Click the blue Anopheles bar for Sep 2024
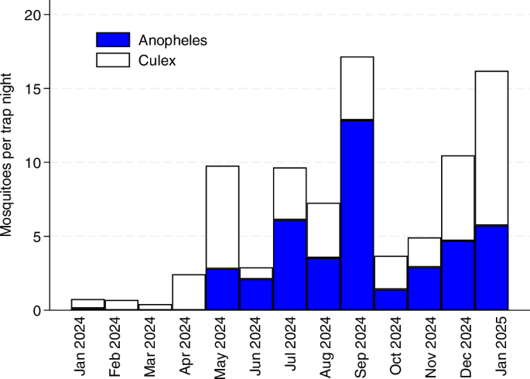tap(357, 215)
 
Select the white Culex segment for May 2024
tap(222, 217)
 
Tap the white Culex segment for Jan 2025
tap(491, 148)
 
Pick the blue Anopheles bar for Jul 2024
tap(289, 265)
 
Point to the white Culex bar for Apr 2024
tap(189, 292)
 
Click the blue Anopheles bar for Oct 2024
tap(391, 299)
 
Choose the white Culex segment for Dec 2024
tap(458, 198)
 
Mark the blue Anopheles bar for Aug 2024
tap(323, 284)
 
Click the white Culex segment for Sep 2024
tap(357, 88)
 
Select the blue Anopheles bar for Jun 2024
tap(256, 294)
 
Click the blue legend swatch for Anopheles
tap(113, 39)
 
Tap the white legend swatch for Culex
tap(113, 60)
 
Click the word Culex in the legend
tap(157, 61)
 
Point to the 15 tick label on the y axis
tap(33, 89)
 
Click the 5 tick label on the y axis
tap(37, 237)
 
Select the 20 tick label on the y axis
tap(33, 15)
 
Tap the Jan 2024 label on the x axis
tap(80, 347)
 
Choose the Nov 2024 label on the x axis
tap(430, 347)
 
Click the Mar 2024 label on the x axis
tap(149, 347)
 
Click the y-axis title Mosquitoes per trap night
tap(6, 155)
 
